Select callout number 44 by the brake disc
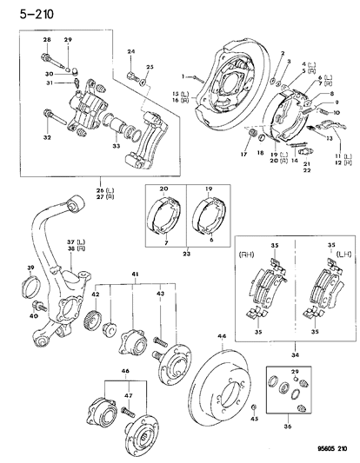(x=222, y=336)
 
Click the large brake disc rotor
(x=229, y=387)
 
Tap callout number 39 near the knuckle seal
(x=30, y=268)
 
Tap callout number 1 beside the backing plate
(x=183, y=76)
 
